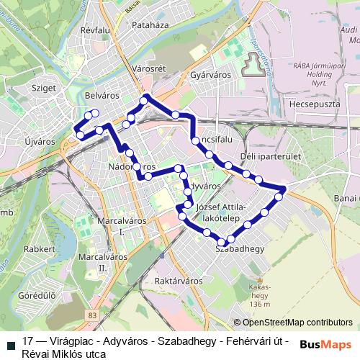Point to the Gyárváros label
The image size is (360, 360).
[208, 75]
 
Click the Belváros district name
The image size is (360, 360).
[101, 95]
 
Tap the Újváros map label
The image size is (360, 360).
[40, 142]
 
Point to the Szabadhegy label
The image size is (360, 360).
[240, 249]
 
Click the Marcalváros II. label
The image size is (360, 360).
[102, 262]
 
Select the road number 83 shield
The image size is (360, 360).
[91, 315]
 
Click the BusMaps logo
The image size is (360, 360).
[326, 344]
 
